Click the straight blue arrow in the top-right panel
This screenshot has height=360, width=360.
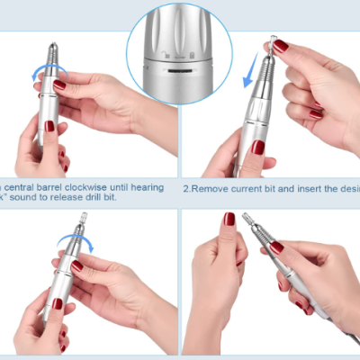[249, 71]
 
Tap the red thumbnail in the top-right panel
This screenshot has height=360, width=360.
[281, 46]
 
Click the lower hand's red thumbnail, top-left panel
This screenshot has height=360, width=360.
[50, 127]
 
